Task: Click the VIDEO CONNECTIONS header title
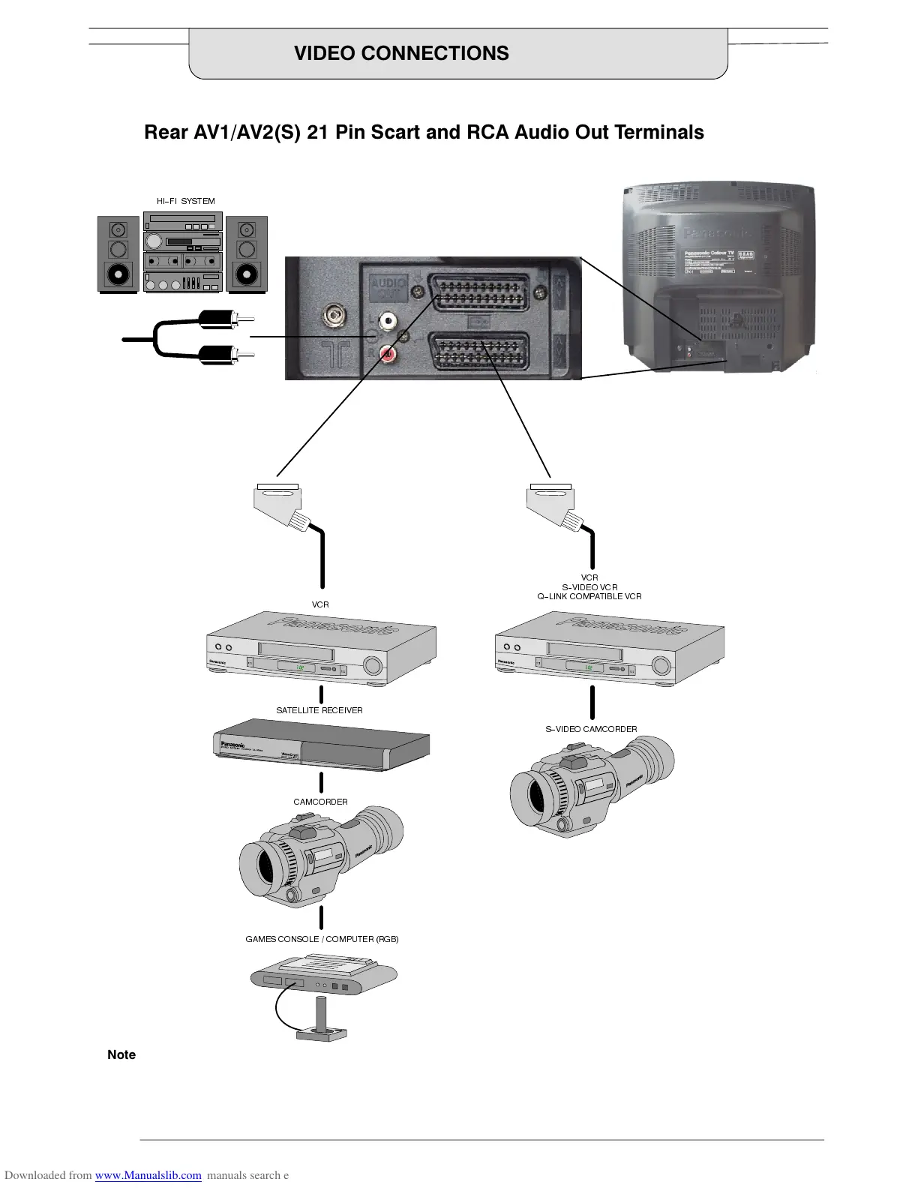(401, 53)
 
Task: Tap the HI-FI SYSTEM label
(186, 201)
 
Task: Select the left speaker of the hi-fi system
(118, 254)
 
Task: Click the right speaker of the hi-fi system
(247, 254)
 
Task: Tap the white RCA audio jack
(388, 321)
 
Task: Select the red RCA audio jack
(388, 351)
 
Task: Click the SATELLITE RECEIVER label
(319, 710)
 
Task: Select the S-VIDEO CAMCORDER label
(591, 729)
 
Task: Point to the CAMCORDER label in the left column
(320, 802)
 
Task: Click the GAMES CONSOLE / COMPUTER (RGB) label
(322, 939)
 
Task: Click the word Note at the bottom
(121, 1054)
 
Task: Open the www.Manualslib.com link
(148, 1175)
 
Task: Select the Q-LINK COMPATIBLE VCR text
(589, 596)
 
